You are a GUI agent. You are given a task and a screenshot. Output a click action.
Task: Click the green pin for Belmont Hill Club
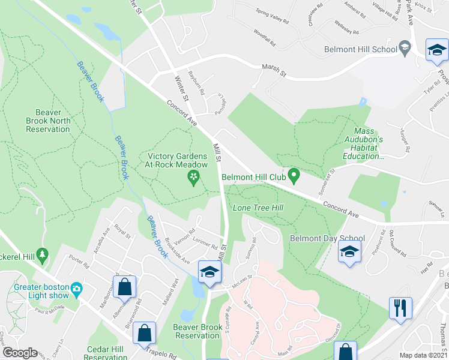pyautogui.click(x=294, y=176)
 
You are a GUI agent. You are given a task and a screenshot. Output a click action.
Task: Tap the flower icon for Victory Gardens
pyautogui.click(x=193, y=177)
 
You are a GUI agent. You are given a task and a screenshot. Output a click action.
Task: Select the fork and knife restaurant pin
pyautogui.click(x=400, y=308)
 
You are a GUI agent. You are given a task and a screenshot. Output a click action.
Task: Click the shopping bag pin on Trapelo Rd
pyautogui.click(x=145, y=333)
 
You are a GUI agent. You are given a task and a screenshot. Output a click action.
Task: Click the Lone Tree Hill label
pyautogui.click(x=258, y=208)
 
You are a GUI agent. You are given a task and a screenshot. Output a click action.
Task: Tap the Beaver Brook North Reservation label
pyautogui.click(x=44, y=121)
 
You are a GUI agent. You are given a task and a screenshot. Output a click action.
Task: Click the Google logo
pyautogui.click(x=19, y=353)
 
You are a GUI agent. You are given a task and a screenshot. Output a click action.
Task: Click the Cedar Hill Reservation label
pyautogui.click(x=105, y=353)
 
